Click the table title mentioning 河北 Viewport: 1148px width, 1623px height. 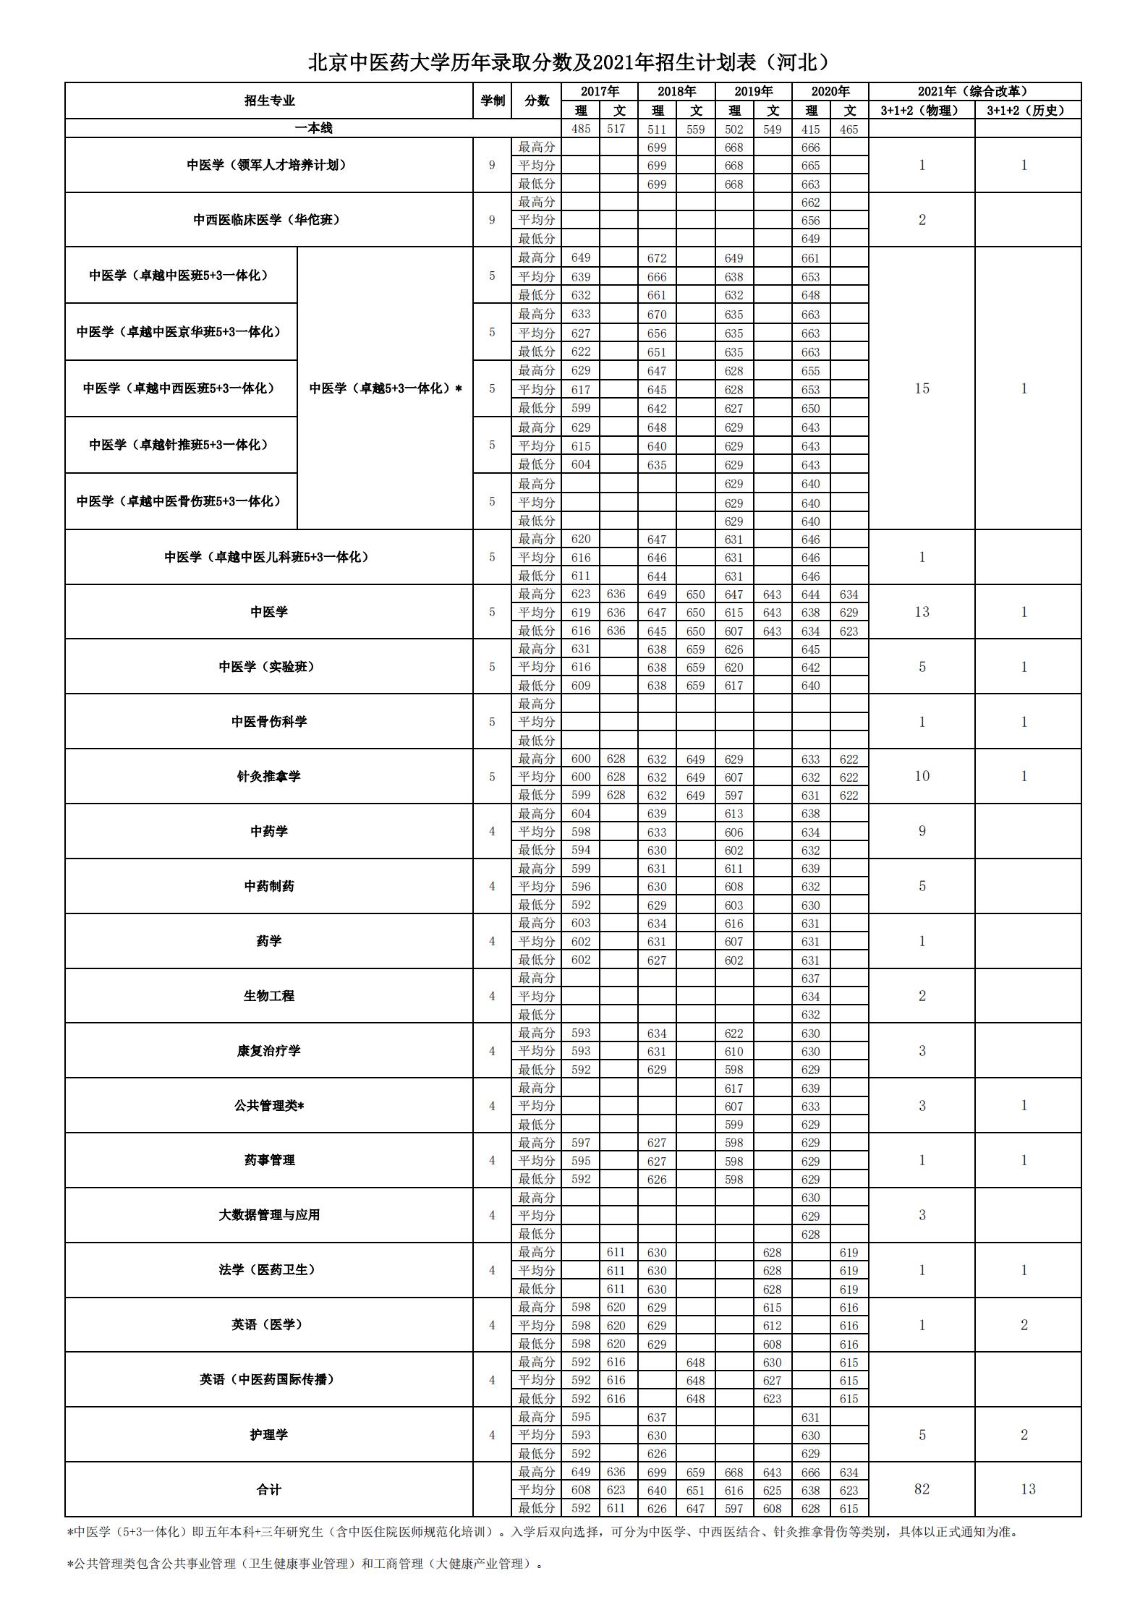[x=569, y=63]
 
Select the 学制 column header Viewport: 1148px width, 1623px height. [x=492, y=101]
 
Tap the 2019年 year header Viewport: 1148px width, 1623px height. [x=753, y=91]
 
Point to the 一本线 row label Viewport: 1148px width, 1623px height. [x=313, y=128]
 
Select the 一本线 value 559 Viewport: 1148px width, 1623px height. [x=695, y=129]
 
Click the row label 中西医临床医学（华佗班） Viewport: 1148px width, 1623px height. [x=266, y=220]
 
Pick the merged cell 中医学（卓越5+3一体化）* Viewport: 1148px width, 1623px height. [x=385, y=388]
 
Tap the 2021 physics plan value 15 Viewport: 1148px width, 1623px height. [x=922, y=388]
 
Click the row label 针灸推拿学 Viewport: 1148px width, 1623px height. [x=268, y=776]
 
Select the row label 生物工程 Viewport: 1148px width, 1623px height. [x=268, y=996]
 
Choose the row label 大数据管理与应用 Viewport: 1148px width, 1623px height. [x=268, y=1215]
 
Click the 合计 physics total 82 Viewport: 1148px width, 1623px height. [x=922, y=1489]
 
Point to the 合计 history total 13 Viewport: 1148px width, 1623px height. [x=1028, y=1489]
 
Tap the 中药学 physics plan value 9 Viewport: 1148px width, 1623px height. [x=922, y=831]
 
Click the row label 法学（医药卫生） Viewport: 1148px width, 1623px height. [x=268, y=1270]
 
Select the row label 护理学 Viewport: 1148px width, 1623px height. [x=268, y=1434]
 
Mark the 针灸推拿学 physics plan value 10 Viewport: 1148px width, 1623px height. [x=922, y=776]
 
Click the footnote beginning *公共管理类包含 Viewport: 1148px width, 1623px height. [x=304, y=1564]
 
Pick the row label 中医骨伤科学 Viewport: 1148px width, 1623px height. [x=268, y=721]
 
